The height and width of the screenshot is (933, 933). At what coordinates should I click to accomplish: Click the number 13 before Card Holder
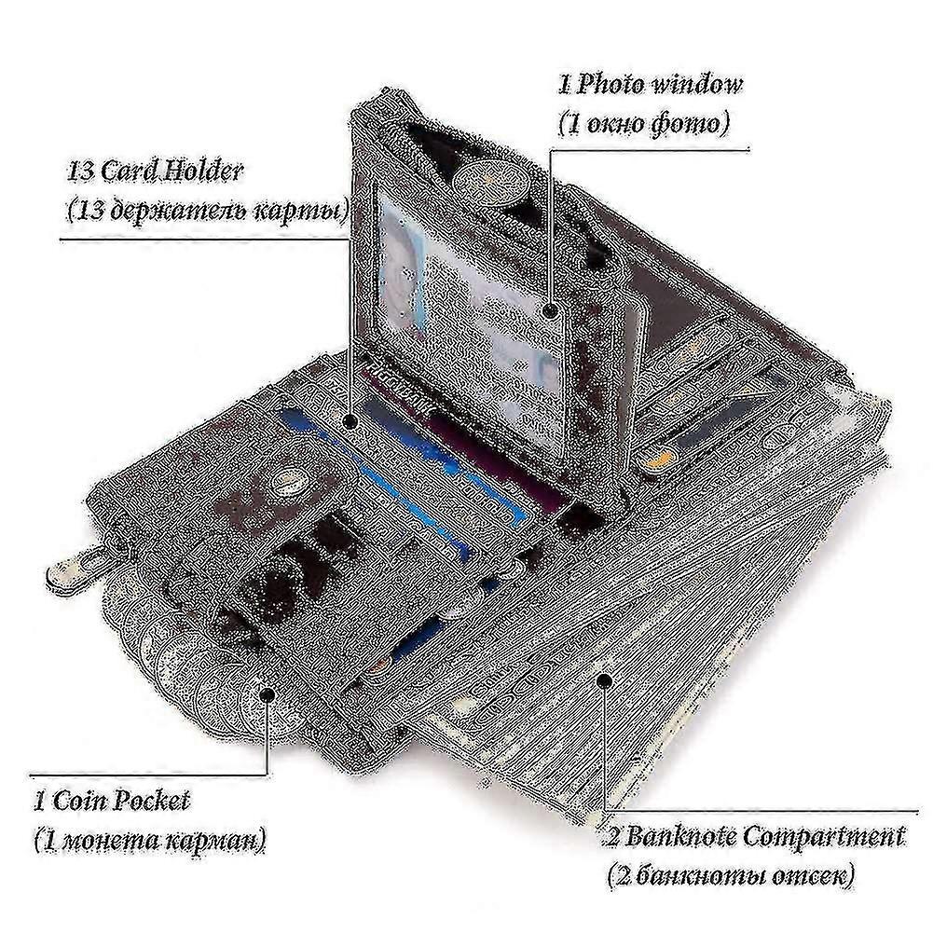(x=80, y=172)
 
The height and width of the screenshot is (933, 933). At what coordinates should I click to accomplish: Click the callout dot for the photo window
(x=551, y=310)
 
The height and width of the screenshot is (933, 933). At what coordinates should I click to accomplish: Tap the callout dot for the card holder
(x=350, y=421)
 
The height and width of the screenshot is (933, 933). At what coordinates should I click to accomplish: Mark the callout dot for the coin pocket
(x=268, y=693)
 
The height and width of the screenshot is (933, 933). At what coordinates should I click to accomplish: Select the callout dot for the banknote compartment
(x=603, y=680)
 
